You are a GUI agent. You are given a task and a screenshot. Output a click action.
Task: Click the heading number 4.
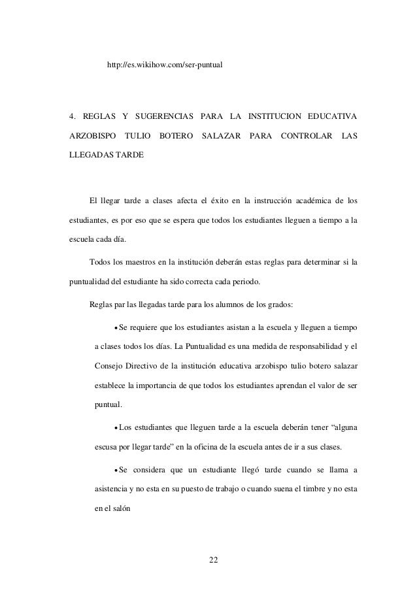pyautogui.click(x=73, y=116)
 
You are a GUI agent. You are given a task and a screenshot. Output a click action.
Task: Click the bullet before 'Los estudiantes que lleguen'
pyautogui.click(x=116, y=429)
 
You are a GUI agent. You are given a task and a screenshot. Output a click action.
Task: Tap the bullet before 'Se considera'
pyautogui.click(x=116, y=474)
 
